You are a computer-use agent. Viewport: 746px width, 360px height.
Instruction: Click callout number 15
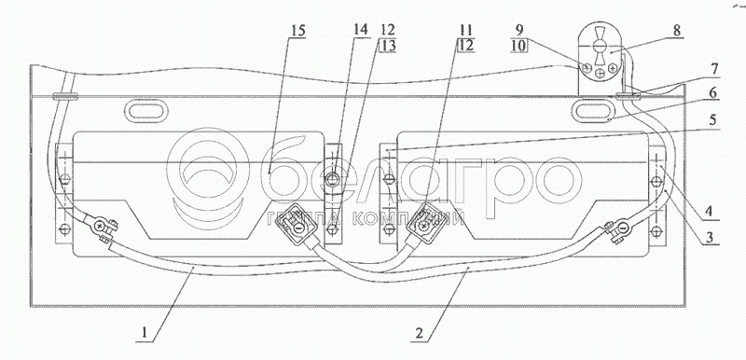pos(298,31)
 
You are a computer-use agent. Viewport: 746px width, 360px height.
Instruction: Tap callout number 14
pos(361,29)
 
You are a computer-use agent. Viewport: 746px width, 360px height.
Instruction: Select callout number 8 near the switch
pos(678,32)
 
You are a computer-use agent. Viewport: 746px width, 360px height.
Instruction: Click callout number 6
pos(712,93)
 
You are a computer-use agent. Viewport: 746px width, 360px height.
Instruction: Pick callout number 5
pos(712,120)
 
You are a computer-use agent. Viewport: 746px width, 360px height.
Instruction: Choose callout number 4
pos(710,211)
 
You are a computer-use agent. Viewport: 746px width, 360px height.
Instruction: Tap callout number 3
pos(710,236)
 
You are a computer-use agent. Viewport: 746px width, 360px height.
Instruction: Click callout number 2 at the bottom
pos(419,333)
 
